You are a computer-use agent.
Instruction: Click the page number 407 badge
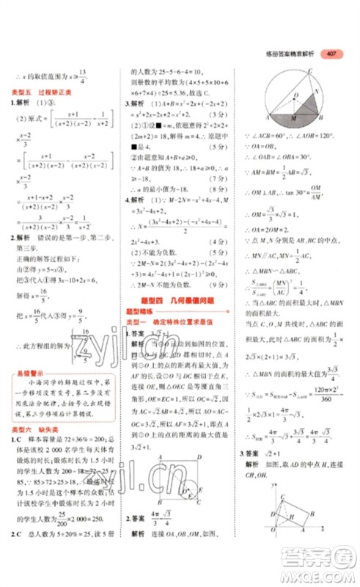(x=332, y=54)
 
